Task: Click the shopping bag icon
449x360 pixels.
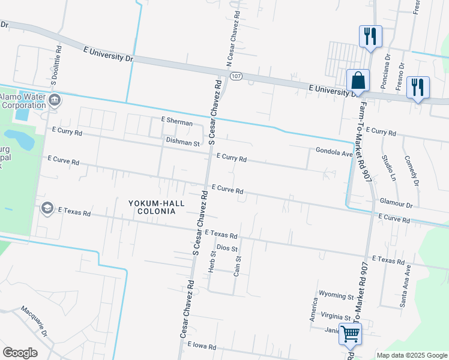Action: click(x=358, y=80)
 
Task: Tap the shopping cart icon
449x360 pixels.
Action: click(x=350, y=333)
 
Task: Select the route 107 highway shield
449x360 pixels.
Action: click(x=236, y=76)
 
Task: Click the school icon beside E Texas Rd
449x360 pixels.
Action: click(x=47, y=208)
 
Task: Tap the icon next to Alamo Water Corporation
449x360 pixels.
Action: click(x=55, y=100)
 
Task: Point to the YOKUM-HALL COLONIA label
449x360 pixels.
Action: click(x=152, y=207)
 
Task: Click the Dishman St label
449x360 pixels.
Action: click(x=182, y=143)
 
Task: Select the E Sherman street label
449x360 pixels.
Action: click(x=176, y=122)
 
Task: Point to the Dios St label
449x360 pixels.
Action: click(x=228, y=247)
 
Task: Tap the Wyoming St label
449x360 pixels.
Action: click(x=337, y=296)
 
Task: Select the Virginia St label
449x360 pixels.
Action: click(x=336, y=316)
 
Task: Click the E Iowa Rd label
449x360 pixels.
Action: click(x=201, y=345)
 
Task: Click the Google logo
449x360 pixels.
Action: click(x=20, y=352)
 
